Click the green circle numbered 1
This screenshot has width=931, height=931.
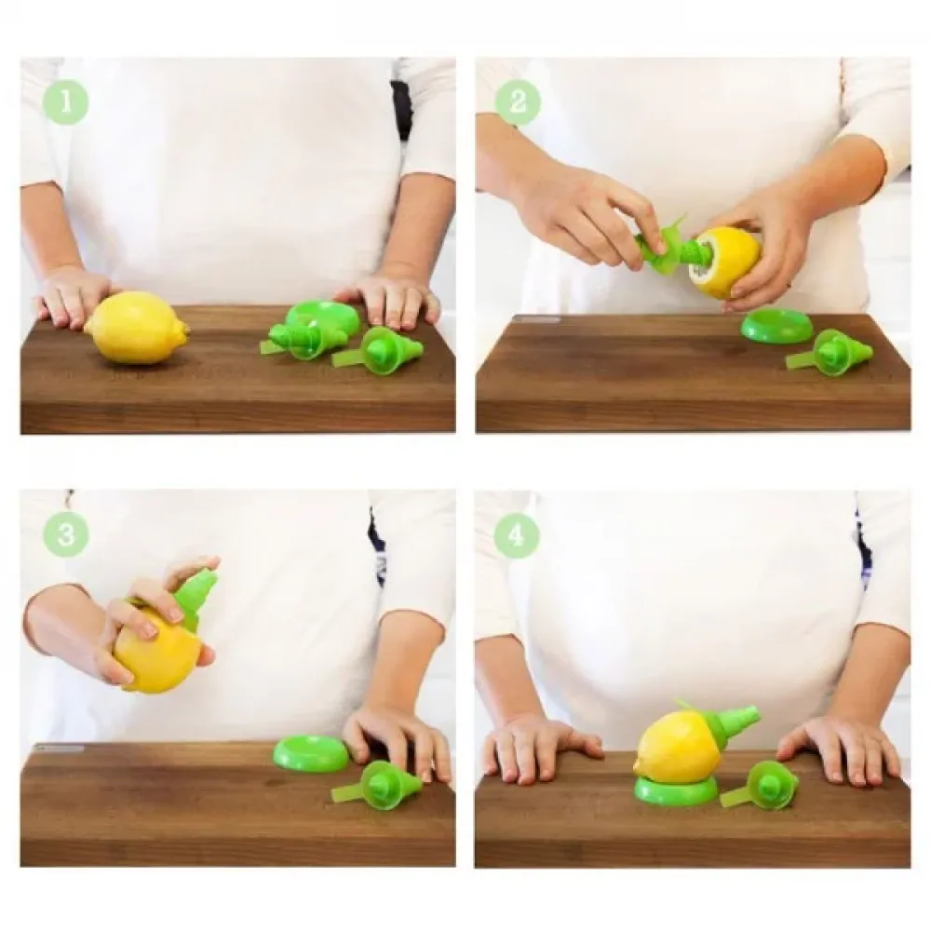coord(65,101)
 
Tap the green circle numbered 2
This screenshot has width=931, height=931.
coord(517,101)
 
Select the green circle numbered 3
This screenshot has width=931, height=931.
coord(65,533)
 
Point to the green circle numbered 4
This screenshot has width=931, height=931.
coord(516,536)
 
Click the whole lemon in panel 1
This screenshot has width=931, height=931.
coord(137,327)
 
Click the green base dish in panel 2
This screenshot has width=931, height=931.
coord(771,330)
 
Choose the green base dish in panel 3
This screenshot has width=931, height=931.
coord(311,753)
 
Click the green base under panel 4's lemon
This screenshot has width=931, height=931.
coord(674,789)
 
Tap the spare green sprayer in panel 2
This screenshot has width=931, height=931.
coord(832,351)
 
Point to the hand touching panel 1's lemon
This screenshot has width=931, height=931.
coord(73,297)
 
